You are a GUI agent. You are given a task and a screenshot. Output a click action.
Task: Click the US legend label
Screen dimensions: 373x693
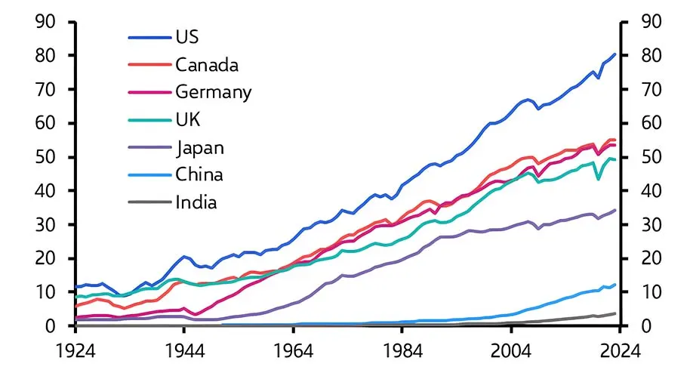pos(189,36)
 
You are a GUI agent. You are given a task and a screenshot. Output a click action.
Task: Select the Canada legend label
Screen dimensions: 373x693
pos(207,64)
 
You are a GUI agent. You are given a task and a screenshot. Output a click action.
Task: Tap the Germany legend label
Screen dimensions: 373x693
pos(214,92)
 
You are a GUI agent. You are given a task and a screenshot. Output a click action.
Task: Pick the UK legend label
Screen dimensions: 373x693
pos(188,119)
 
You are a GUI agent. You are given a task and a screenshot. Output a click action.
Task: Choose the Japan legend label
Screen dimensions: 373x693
pos(200,147)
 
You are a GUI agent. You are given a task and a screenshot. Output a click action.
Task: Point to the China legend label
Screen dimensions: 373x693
pos(199,174)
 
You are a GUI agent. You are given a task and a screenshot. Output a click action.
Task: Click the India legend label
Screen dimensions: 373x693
pos(196,202)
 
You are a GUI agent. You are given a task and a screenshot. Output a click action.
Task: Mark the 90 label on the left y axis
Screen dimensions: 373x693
pos(46,22)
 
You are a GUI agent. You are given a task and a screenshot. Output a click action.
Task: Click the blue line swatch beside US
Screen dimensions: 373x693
pos(149,37)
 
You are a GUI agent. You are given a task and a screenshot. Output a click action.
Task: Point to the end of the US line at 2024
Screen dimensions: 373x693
pos(616,54)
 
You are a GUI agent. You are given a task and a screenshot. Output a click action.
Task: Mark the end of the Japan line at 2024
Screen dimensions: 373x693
pos(616,210)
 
